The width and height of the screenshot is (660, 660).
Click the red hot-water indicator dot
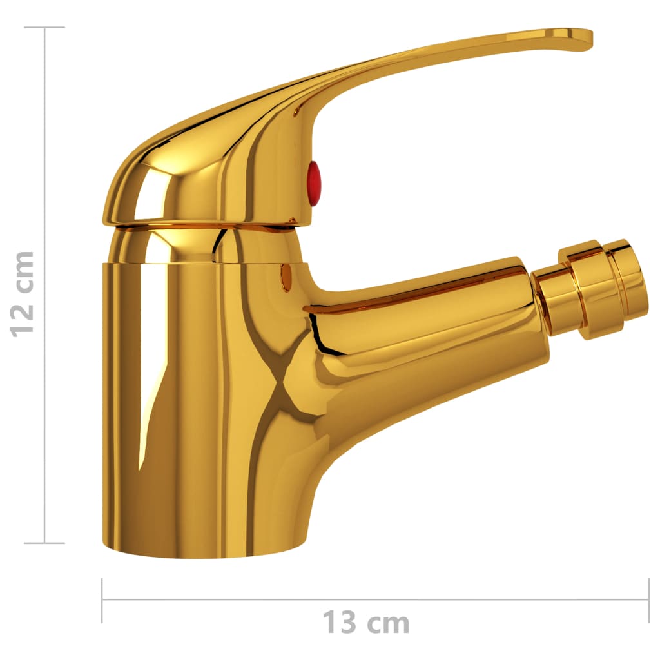[x=313, y=184]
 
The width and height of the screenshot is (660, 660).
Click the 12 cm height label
[x=23, y=293]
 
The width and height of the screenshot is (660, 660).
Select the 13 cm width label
[x=365, y=623]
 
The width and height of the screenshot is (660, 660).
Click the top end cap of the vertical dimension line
[x=44, y=28]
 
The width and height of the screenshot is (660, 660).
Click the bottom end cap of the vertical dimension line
[x=44, y=543]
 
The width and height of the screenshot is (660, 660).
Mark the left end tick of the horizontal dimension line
[x=102, y=600]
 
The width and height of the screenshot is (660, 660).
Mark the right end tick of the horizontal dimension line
[x=648, y=600]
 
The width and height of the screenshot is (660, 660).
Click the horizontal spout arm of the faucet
[x=425, y=322]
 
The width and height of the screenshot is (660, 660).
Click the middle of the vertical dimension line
[x=44, y=286]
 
